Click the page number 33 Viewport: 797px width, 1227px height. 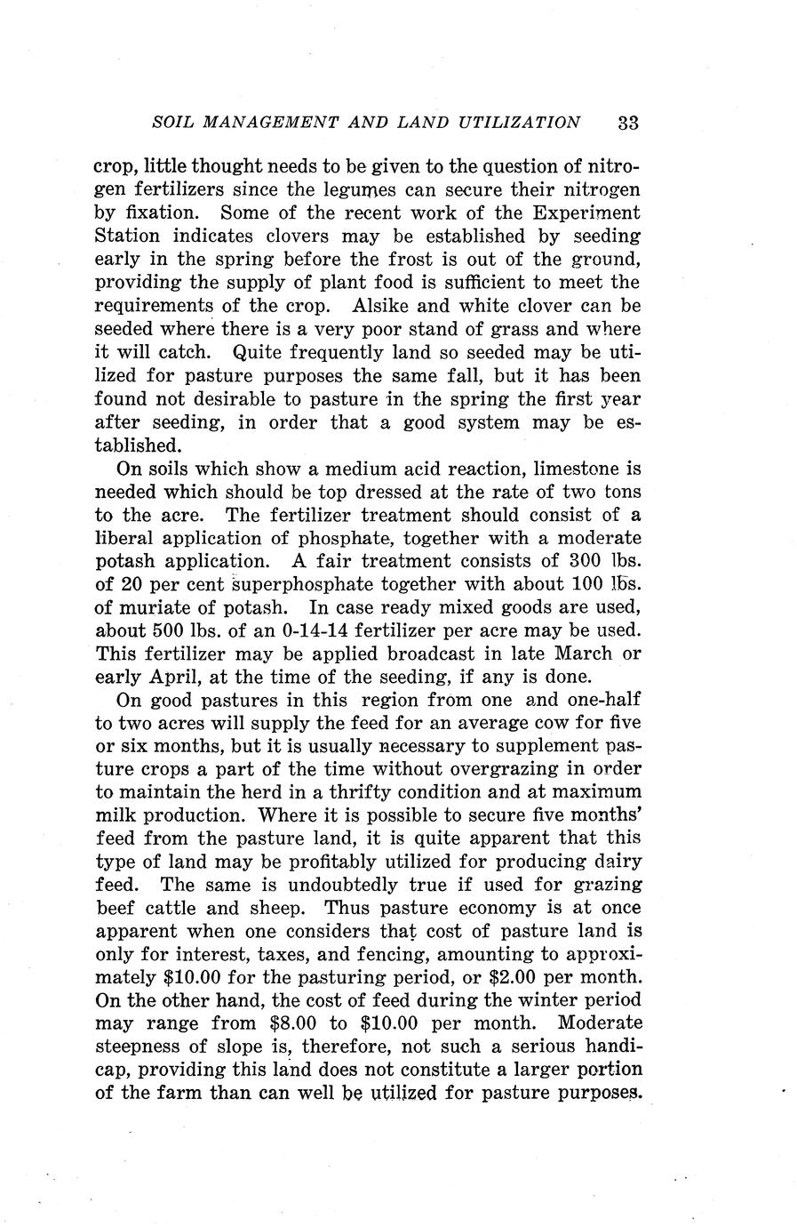click(x=627, y=123)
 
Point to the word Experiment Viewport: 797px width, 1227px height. click(x=586, y=213)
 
